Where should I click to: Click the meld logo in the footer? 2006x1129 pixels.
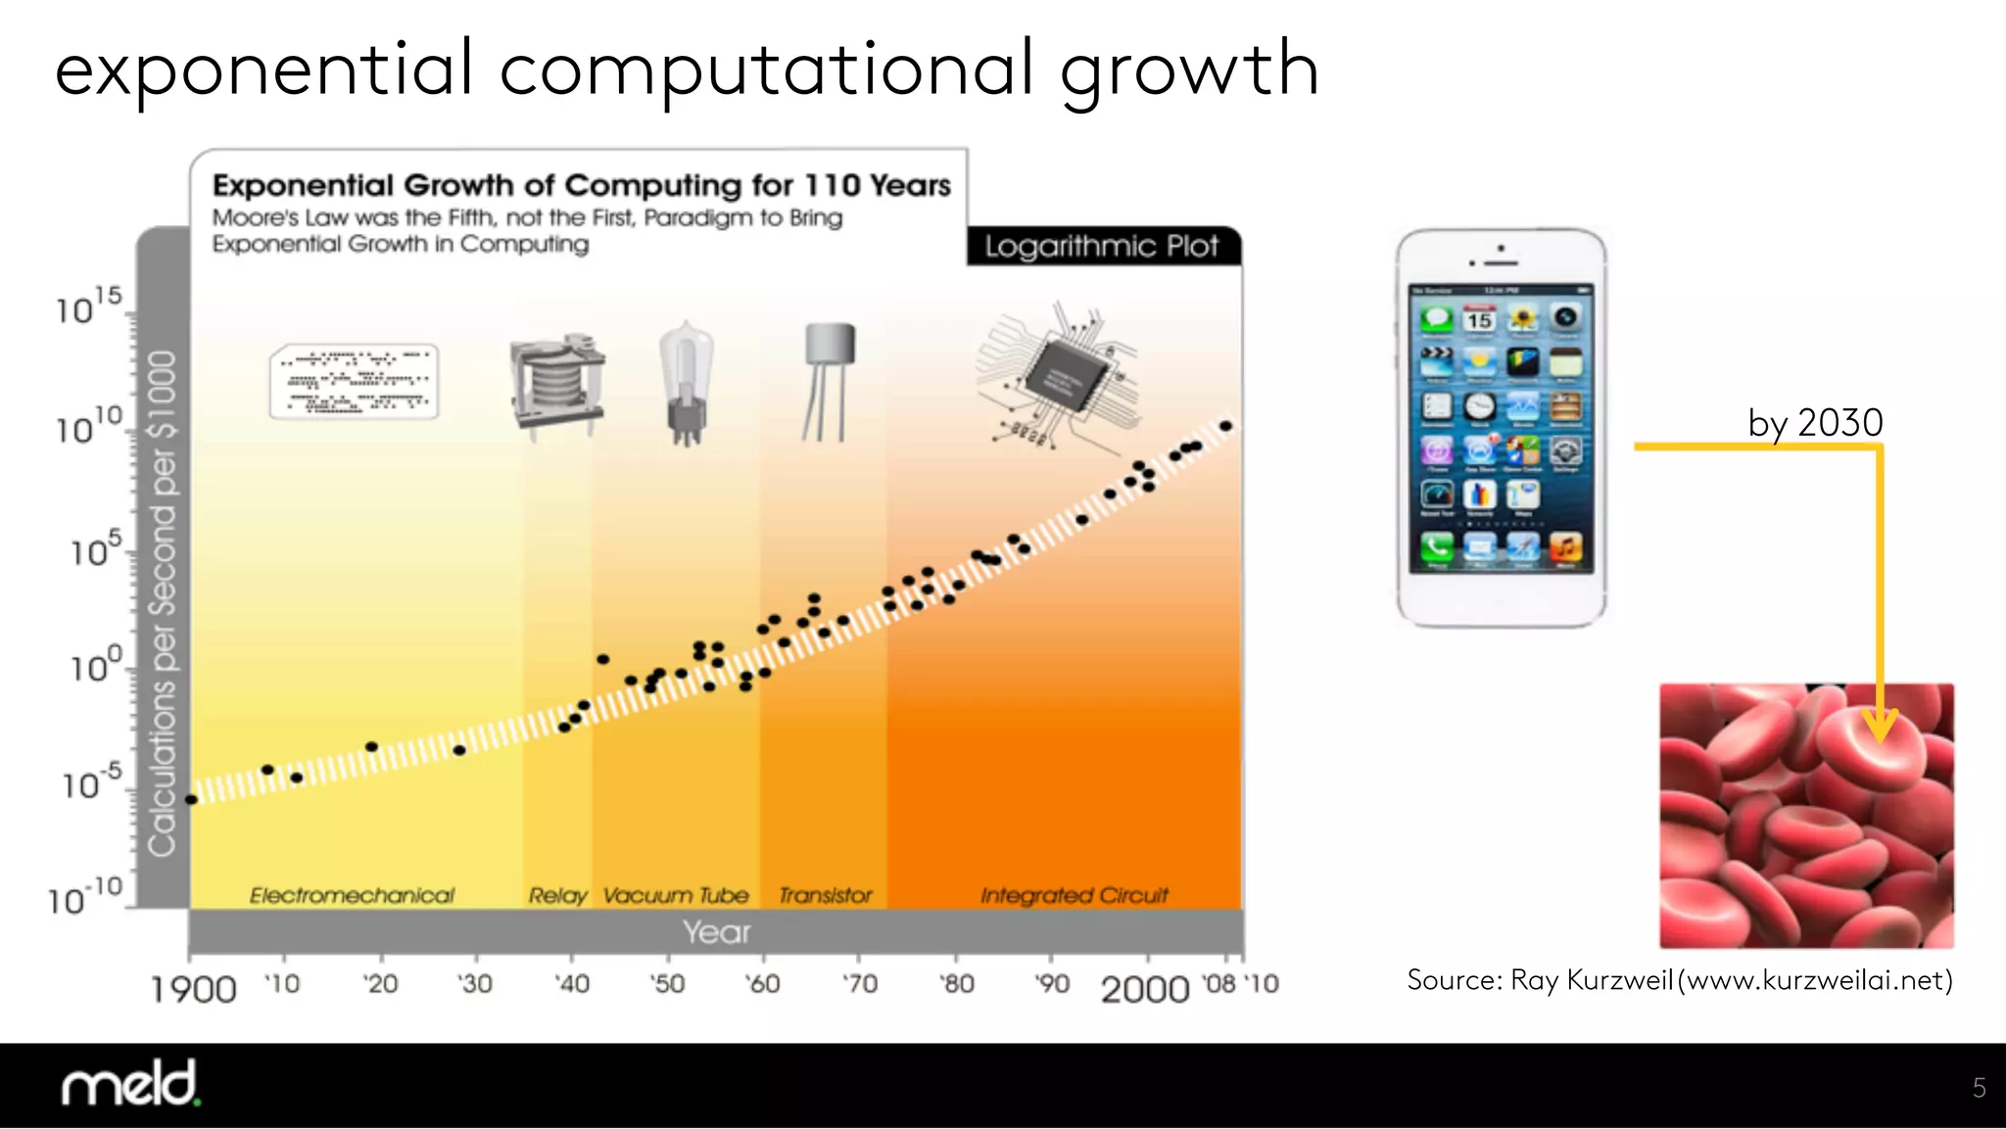[x=130, y=1084]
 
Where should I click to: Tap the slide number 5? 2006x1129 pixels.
[x=1979, y=1088]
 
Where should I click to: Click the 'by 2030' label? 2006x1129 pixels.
[x=1815, y=423]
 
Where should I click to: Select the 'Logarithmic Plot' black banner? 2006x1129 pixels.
[x=1102, y=246]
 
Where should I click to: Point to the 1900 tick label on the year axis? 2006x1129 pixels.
[x=193, y=989]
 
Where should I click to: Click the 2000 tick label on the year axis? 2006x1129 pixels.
[x=1144, y=989]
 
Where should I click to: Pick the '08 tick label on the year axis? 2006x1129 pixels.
[x=1219, y=984]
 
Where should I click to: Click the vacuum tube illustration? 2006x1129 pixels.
[x=686, y=383]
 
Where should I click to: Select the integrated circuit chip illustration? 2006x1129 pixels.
[x=1063, y=377]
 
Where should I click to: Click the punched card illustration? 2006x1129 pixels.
[x=354, y=382]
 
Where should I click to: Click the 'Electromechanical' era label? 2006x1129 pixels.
[x=352, y=895]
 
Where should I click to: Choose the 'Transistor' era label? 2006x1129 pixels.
[x=825, y=895]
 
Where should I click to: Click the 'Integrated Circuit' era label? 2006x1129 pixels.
[x=1074, y=895]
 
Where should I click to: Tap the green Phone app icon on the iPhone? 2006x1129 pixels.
[x=1437, y=548]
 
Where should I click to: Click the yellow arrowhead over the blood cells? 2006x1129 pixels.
[x=1880, y=728]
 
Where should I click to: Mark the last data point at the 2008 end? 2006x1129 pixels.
[x=1225, y=426]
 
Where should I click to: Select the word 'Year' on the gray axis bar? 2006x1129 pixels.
[x=716, y=932]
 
